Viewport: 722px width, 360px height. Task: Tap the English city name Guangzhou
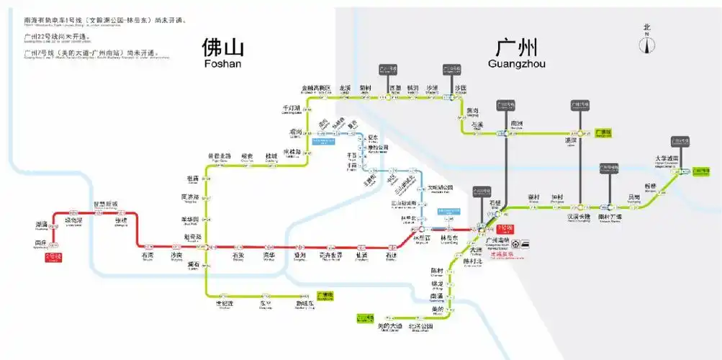(516, 63)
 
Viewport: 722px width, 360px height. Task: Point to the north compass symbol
(647, 42)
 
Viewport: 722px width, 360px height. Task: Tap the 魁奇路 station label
(193, 237)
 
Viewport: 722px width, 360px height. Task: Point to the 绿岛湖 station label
(74, 221)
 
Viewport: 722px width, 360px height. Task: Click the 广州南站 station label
(497, 240)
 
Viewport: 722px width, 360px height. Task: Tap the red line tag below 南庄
(53, 256)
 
